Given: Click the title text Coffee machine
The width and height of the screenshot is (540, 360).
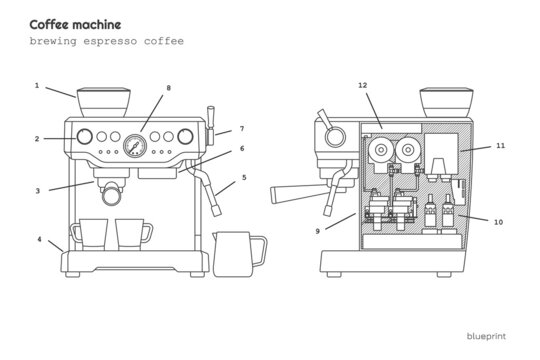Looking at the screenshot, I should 76,24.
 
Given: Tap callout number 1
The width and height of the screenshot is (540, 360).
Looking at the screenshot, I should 37,86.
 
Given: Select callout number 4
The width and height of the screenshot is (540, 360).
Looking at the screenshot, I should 39,239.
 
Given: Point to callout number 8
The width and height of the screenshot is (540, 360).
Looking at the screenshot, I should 169,88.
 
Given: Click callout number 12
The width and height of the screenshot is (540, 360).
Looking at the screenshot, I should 363,86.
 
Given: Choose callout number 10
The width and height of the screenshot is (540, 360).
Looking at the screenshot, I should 499,221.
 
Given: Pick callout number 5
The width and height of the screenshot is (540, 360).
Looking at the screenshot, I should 244,178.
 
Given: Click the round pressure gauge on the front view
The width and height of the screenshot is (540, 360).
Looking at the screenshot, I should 133,144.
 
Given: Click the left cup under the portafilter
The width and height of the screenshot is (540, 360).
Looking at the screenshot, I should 91,234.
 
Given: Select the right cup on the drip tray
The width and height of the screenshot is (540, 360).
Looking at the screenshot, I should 131,234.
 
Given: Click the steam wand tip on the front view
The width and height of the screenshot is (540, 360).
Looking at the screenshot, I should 215,207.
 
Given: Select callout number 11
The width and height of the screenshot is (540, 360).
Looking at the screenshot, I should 501,145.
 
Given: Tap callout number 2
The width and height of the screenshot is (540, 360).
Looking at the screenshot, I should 37,138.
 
